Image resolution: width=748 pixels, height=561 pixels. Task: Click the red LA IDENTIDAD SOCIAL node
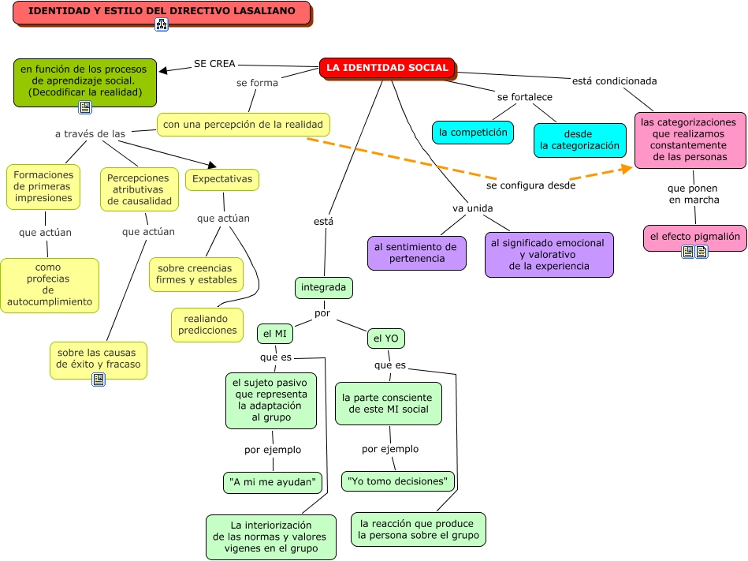coord(387,68)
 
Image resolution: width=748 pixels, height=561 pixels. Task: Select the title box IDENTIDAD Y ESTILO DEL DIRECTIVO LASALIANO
coord(162,12)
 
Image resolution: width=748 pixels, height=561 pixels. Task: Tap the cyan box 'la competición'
coord(473,133)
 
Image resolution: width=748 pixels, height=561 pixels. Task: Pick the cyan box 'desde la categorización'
coord(579,140)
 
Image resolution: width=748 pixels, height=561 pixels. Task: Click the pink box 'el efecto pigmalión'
coord(694,236)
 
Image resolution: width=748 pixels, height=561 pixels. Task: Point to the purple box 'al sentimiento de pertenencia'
coord(416,252)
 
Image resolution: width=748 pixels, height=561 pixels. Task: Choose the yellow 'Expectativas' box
coord(222,179)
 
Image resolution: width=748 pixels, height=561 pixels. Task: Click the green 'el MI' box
coord(274,334)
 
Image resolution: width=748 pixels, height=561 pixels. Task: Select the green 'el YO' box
coord(386,338)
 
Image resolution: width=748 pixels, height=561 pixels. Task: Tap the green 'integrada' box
coord(323,288)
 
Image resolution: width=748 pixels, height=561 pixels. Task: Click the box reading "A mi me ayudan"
coord(273,482)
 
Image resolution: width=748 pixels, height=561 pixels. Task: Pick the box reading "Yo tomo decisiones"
coord(397,481)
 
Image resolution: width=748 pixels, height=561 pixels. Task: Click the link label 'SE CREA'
coord(214,64)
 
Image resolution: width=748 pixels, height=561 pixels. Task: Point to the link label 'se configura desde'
coord(530,186)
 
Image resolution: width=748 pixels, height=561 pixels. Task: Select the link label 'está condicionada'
coord(614,80)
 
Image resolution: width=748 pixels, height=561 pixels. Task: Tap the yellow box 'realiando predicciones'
coord(207,324)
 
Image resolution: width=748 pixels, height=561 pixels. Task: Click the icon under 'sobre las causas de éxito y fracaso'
coord(99,380)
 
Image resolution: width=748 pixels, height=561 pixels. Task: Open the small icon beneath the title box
coord(162,24)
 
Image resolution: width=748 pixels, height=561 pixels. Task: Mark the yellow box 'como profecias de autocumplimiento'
coord(49,285)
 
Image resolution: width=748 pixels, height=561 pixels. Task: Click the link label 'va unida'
coord(472,208)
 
